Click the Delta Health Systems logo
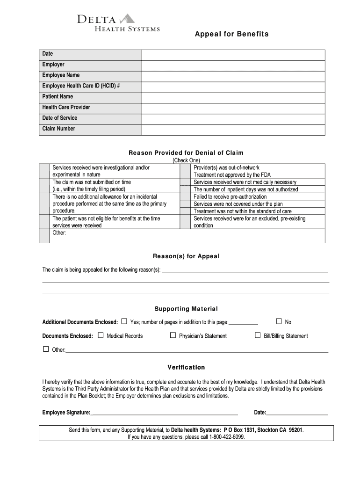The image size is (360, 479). [x=119, y=23]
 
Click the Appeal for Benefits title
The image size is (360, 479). [x=232, y=34]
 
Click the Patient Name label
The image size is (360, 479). [x=58, y=97]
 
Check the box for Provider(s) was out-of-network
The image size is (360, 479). [x=185, y=167]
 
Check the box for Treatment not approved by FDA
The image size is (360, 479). [x=185, y=175]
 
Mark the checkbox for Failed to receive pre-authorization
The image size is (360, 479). [x=185, y=197]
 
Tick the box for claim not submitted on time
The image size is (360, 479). [x=44, y=186]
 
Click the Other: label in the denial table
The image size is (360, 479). [x=59, y=232]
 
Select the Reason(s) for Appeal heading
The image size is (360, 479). [x=186, y=256]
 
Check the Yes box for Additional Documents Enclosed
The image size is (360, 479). [x=124, y=321]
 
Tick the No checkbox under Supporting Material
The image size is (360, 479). [x=279, y=321]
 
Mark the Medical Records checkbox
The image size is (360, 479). [x=101, y=335]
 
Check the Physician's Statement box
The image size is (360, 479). [x=173, y=335]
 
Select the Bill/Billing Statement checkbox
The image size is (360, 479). [x=258, y=335]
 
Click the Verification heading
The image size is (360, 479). [x=186, y=368]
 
